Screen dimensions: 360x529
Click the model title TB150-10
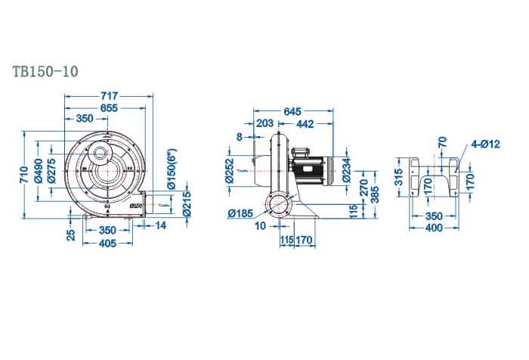pyautogui.click(x=45, y=72)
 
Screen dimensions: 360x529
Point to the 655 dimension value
pyautogui.click(x=109, y=108)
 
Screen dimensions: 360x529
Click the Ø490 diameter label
pyautogui.click(x=39, y=172)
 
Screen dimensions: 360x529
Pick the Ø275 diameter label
pyautogui.click(x=51, y=172)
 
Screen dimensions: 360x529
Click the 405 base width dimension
pyautogui.click(x=107, y=243)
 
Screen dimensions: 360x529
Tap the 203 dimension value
pyautogui.click(x=265, y=123)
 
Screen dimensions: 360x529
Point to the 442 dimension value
pyautogui.click(x=305, y=123)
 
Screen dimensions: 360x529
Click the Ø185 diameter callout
pyautogui.click(x=239, y=213)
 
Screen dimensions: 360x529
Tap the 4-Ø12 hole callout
pyautogui.click(x=485, y=143)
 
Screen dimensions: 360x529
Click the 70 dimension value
pyautogui.click(x=442, y=141)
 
